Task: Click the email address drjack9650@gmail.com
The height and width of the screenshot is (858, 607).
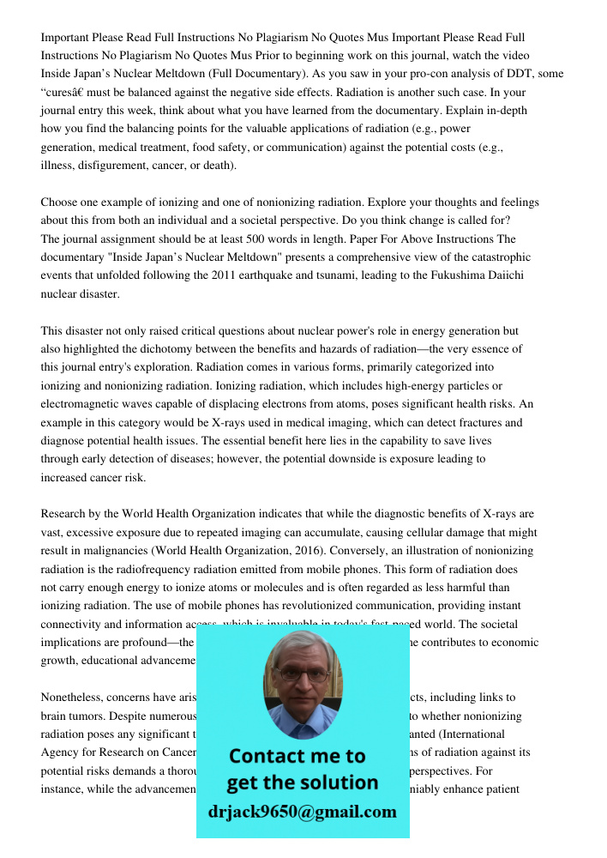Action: pyautogui.click(x=303, y=812)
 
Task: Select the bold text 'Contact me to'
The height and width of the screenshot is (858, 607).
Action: pyautogui.click(x=297, y=757)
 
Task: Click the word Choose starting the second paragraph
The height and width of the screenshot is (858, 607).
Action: pyautogui.click(x=61, y=202)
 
